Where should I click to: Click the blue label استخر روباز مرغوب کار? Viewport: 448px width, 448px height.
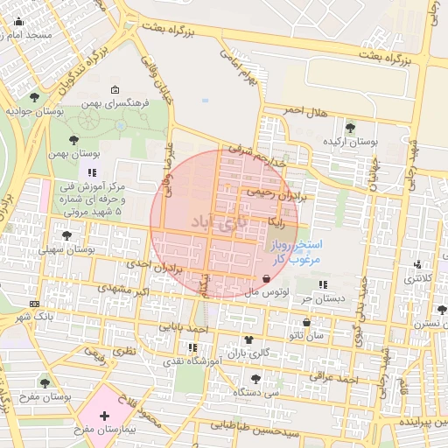pos(297,252)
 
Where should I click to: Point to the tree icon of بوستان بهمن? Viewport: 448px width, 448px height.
pos(71,139)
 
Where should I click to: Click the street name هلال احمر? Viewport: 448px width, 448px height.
pos(307,111)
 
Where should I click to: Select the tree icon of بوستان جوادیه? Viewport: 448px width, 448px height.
pos(34,97)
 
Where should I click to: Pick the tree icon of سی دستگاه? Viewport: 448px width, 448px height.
pos(255,379)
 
